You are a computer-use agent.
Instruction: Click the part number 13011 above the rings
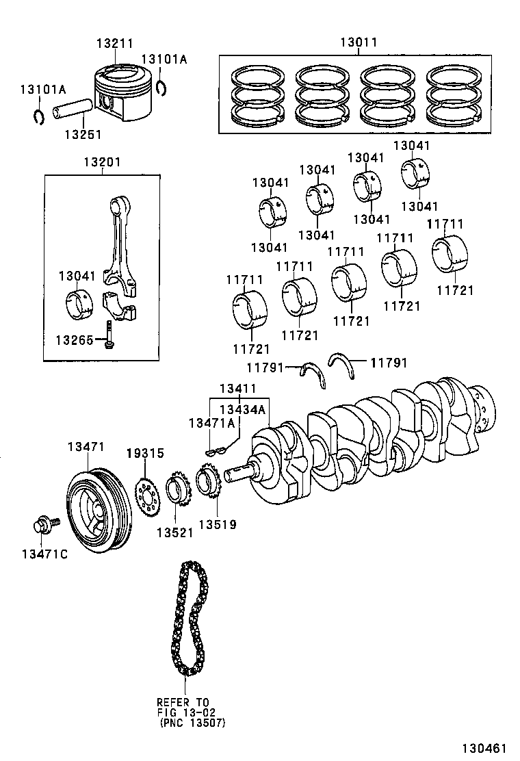tap(359, 42)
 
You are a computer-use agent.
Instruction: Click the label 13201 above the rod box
tap(103, 162)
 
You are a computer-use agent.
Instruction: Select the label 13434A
tap(242, 409)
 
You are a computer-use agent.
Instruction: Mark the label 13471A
tap(211, 424)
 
